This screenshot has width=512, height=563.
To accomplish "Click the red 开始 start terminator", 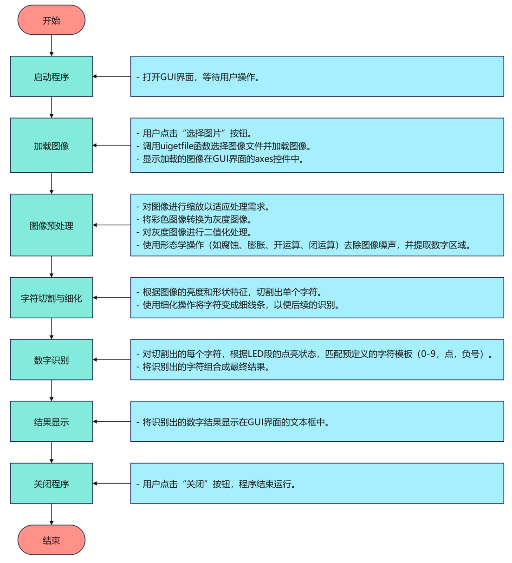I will pyautogui.click(x=51, y=20).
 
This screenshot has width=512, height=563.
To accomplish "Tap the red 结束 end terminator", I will pyautogui.click(x=51, y=540).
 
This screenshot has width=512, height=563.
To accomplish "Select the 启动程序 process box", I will pyautogui.click(x=51, y=77).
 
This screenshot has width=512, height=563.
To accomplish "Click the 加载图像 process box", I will pyautogui.click(x=51, y=145).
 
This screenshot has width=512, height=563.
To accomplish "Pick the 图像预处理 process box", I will pyautogui.click(x=51, y=225).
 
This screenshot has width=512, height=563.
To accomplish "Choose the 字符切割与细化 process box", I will pyautogui.click(x=51, y=298).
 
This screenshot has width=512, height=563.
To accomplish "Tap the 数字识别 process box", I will pyautogui.click(x=51, y=360).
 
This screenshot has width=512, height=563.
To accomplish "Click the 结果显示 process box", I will pyautogui.click(x=51, y=421).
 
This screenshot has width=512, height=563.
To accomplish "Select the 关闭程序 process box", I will pyautogui.click(x=51, y=483).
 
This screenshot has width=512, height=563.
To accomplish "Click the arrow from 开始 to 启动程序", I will pyautogui.click(x=51, y=45).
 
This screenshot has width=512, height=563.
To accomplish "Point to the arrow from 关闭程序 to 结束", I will pyautogui.click(x=51, y=514).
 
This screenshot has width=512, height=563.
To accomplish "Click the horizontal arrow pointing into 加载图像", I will pyautogui.click(x=111, y=145).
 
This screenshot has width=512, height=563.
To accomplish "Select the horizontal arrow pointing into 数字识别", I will pyautogui.click(x=111, y=360).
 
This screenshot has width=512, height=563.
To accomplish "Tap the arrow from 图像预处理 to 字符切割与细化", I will pyautogui.click(x=51, y=267).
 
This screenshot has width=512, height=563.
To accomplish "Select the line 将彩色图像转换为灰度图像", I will pyautogui.click(x=197, y=220).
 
